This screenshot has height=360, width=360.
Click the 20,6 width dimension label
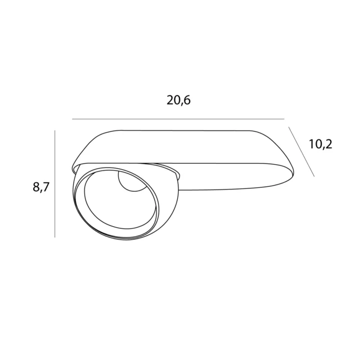click(179, 101)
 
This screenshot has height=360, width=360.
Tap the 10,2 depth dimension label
click(321, 144)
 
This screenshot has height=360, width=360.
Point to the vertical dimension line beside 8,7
click(55, 183)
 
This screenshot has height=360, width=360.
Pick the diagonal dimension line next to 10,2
click(301, 151)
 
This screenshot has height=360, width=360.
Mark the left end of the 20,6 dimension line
click(73, 119)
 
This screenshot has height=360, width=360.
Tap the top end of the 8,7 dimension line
click(55, 130)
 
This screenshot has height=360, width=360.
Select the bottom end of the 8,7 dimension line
click(55, 237)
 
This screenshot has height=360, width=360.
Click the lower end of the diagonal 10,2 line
click(314, 175)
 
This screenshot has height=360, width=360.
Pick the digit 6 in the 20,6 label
click(188, 101)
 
